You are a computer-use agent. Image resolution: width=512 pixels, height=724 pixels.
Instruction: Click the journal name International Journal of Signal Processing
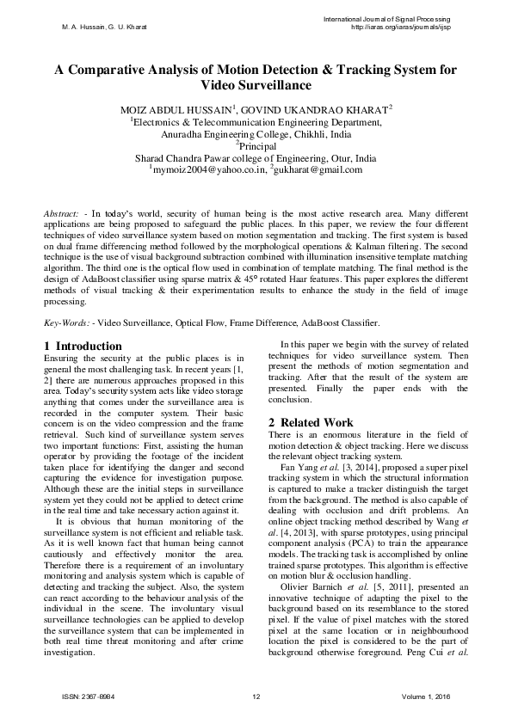pos(386,19)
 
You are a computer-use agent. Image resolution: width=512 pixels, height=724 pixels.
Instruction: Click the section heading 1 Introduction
pos(83,346)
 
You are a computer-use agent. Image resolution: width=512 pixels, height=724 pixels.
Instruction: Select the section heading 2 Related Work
pos(311,422)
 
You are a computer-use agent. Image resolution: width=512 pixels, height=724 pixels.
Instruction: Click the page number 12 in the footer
pos(256,696)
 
